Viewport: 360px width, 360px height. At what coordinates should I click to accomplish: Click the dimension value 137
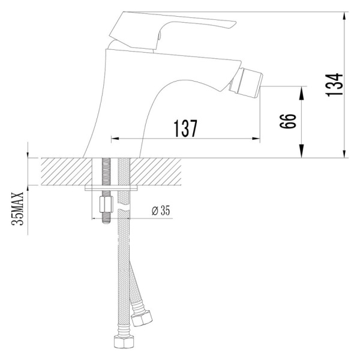coord(186,129)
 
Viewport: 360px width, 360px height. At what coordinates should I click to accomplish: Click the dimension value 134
coord(338,84)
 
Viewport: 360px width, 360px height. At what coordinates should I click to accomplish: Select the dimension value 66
coord(288,122)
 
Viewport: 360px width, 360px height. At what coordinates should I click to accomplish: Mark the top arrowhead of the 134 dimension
coord(345,17)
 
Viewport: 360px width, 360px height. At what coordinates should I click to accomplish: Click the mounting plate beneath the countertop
coord(114,188)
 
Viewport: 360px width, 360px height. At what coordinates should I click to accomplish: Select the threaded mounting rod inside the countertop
coord(107,172)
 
